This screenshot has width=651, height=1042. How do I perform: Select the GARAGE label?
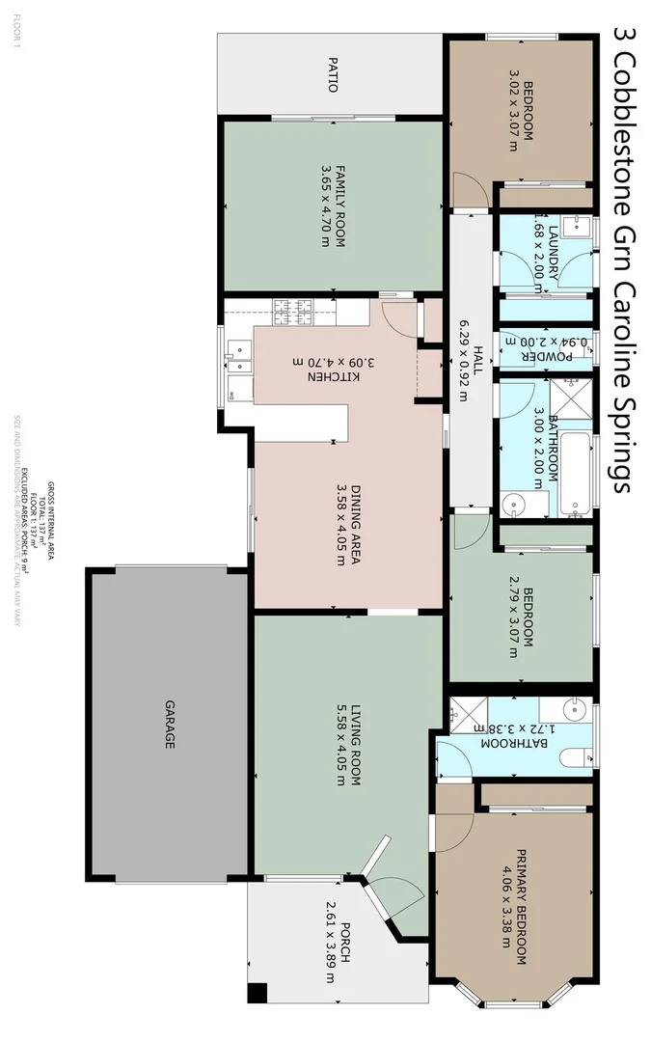(x=170, y=725)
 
